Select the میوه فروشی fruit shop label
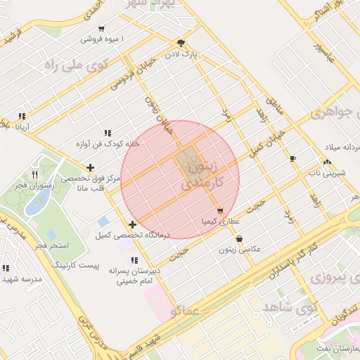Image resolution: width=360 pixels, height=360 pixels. tap(101, 39)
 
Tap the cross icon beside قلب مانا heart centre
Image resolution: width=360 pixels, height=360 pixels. tap(90, 167)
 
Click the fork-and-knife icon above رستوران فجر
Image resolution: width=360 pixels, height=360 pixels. tap(34, 174)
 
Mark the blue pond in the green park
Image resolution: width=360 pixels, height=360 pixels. tap(34, 206)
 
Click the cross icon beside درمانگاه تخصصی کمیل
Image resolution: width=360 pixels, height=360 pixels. tap(133, 224)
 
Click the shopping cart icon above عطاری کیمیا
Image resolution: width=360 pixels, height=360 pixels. tap(220, 210)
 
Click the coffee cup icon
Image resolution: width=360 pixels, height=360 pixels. tap(292, 158)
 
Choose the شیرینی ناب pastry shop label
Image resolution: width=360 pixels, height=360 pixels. tap(325, 171)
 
